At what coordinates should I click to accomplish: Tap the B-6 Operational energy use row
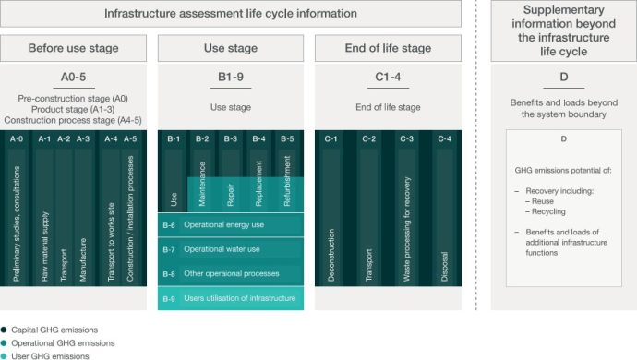click(x=231, y=224)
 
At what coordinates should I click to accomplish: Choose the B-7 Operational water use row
click(x=231, y=249)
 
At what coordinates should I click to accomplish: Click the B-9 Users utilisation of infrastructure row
click(x=231, y=298)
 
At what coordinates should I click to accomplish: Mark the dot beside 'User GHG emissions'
click(x=5, y=355)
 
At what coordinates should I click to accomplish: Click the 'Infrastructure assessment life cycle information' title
click(x=230, y=14)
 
